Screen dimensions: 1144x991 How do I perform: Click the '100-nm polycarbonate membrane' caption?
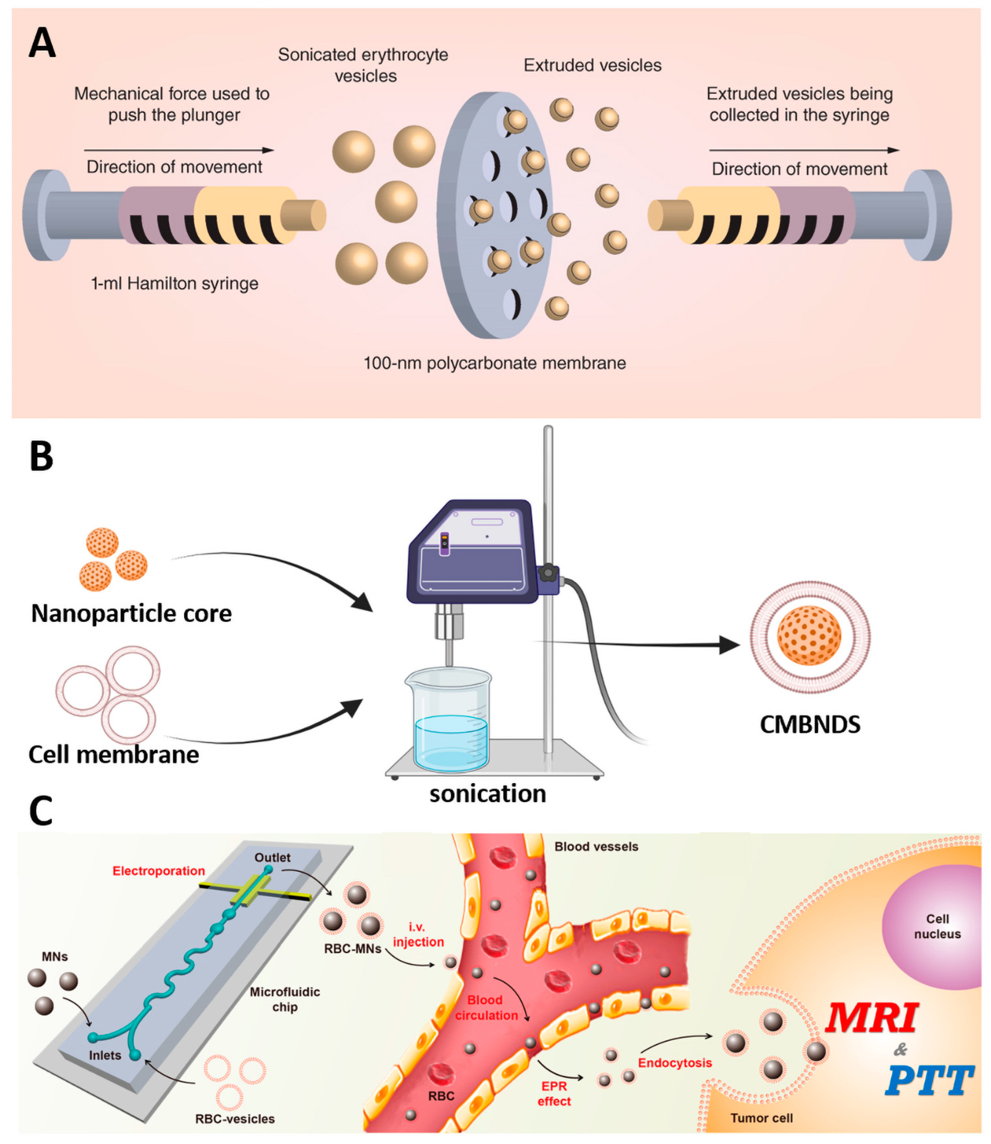click(x=495, y=363)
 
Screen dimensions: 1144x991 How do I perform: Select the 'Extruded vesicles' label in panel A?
click(x=592, y=65)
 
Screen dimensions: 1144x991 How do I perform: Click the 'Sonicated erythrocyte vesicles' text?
click(x=364, y=65)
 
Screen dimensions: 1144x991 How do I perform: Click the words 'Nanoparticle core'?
click(x=131, y=613)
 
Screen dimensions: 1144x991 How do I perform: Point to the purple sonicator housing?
click(x=472, y=554)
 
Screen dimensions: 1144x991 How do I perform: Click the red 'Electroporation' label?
click(x=159, y=871)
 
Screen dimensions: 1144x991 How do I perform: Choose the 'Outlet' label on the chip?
click(x=272, y=857)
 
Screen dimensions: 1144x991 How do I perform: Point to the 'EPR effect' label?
click(x=554, y=1093)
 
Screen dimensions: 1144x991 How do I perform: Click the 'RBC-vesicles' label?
click(x=235, y=1118)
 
